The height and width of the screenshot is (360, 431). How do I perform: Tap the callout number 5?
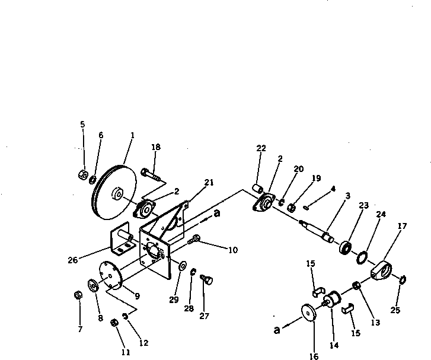click(82, 124)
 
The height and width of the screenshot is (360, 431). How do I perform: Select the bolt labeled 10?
click(194, 240)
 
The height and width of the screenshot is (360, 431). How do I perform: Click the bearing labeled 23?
click(346, 247)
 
